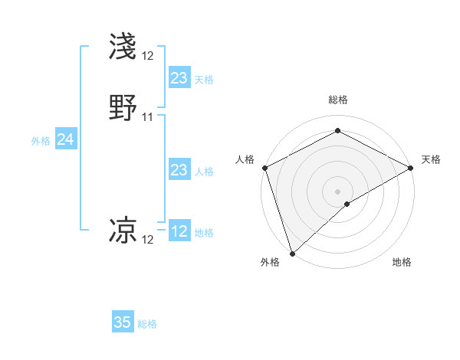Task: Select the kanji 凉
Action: coord(123,231)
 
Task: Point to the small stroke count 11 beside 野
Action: coord(148,117)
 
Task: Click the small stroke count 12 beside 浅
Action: coord(148,55)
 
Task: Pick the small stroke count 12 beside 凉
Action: coord(148,240)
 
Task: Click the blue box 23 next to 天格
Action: coord(179,78)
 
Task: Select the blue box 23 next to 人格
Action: coord(179,170)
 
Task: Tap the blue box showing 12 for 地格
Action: coord(179,231)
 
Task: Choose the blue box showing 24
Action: coord(66,139)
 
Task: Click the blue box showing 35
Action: coord(123,322)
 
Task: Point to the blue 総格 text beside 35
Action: coord(147,324)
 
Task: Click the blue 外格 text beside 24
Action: coord(41,141)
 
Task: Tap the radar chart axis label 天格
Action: coord(431,159)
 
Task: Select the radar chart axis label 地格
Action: coord(402,262)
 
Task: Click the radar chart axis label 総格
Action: coord(338,100)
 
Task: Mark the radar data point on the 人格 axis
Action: coord(264,168)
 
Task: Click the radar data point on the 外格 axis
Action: coord(291,254)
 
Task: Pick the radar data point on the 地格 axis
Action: coord(347,204)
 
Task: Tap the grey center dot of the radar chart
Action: coord(338,191)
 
